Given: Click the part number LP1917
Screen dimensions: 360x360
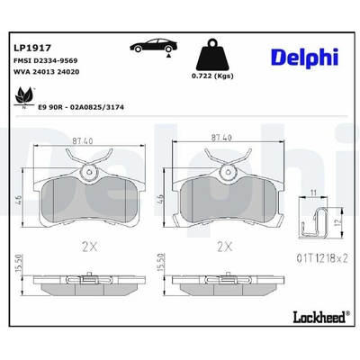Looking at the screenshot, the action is click(32, 48).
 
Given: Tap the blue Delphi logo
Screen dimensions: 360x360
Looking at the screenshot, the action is click(304, 58).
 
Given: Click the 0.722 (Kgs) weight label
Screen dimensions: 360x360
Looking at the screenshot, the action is click(212, 76).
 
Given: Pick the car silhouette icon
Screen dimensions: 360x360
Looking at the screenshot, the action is click(153, 46).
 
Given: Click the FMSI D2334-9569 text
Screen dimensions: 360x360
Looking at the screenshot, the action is click(46, 60).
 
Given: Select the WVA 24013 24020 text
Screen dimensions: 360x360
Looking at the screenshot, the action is click(47, 72).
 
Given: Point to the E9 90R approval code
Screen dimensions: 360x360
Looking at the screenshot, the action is click(81, 107).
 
